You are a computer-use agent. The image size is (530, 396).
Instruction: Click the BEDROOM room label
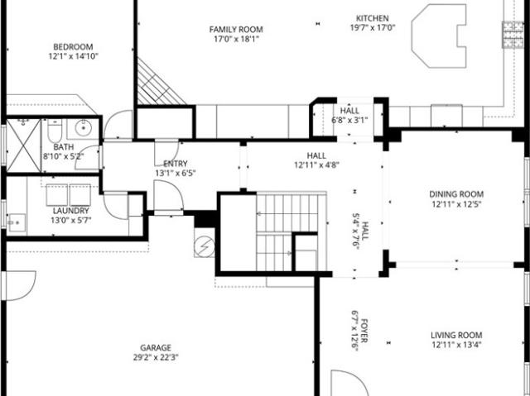[x=73, y=46]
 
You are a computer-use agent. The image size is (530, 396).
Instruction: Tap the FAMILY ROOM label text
[x=236, y=29]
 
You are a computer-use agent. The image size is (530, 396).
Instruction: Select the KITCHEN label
[x=373, y=18]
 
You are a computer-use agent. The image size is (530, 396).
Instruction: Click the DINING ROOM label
[x=456, y=194]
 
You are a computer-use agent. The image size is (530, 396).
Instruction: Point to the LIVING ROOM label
[x=456, y=336]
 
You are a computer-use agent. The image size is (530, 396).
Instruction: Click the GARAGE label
[x=156, y=347]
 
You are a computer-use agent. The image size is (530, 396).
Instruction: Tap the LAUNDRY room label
[x=71, y=211]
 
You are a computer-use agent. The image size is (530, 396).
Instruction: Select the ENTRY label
[x=176, y=164]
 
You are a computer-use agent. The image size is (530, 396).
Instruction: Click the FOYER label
[x=364, y=331]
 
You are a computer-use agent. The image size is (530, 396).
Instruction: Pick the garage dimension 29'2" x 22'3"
[x=156, y=357]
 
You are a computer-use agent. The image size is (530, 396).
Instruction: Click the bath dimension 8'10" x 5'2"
[x=64, y=156]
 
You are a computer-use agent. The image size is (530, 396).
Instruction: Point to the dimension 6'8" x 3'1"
[x=349, y=120]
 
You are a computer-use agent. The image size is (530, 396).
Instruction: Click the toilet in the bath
[x=55, y=131]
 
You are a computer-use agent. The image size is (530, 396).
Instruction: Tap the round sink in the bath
[x=83, y=128]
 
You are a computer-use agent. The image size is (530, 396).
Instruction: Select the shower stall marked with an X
[x=24, y=146]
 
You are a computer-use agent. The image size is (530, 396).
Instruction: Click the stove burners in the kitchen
[x=513, y=35]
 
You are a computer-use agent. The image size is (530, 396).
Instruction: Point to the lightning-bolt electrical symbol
[x=205, y=246]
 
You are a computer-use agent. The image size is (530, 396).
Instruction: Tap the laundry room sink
[x=17, y=222]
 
